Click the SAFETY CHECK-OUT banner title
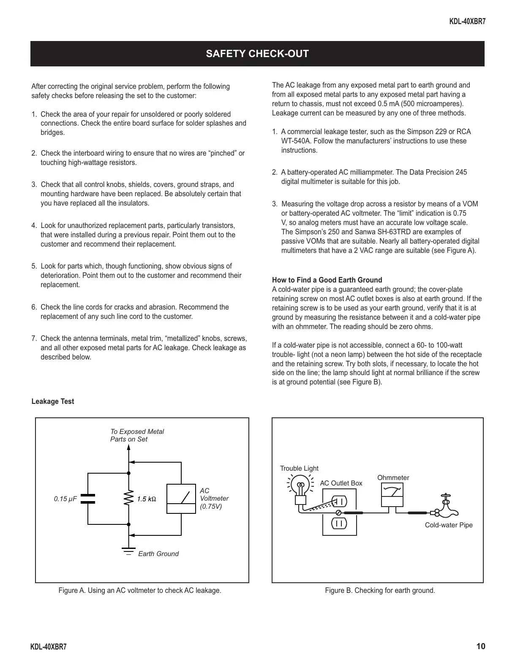pos(257,54)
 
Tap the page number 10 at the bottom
pos(480,646)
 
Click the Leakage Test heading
pos(53,401)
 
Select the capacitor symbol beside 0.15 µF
pos(88,499)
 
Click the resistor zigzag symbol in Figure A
pos(128,499)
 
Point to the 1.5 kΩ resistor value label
pos(147,499)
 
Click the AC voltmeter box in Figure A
pos(181,499)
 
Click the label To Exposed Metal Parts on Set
pos(137,435)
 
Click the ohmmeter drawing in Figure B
pos(392,495)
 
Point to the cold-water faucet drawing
pos(445,506)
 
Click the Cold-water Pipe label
pos(449,525)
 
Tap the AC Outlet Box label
pos(341,483)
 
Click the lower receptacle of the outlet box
pos(339,523)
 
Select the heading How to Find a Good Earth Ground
pos(327,280)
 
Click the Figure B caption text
pos(380,590)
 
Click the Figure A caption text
pos(140,590)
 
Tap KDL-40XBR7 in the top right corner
pos(467,21)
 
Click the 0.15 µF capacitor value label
pos(65,499)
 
